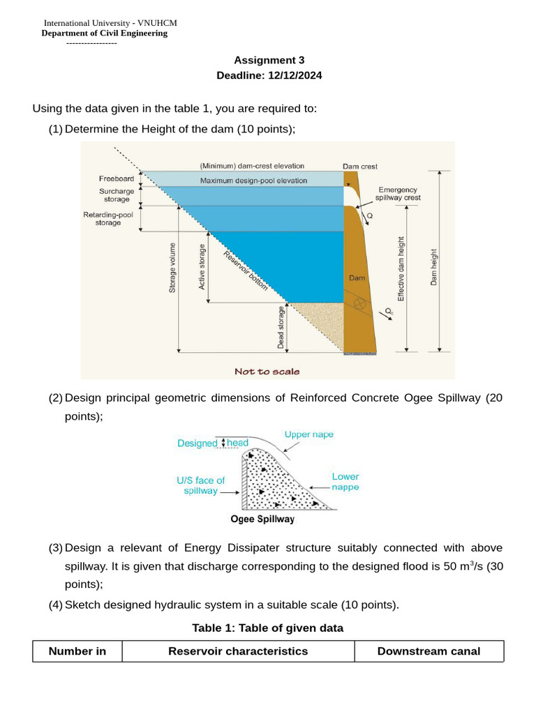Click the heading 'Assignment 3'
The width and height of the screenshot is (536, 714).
pos(269,60)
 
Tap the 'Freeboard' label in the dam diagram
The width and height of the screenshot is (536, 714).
pos(117,178)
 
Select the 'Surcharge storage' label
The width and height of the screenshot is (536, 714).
pos(117,195)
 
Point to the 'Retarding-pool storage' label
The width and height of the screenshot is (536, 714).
pos(108,219)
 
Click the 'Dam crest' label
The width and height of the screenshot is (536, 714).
pos(360,166)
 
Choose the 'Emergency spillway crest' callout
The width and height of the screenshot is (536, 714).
pos(399,193)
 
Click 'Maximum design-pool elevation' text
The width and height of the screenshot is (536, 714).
pos(253,181)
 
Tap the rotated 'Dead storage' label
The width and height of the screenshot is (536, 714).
pos(281,328)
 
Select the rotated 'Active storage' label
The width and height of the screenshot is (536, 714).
pos(202,267)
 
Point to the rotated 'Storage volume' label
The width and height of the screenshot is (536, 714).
pos(172,267)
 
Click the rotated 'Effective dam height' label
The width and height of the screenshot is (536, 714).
pos(401,268)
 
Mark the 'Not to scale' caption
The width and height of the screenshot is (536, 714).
pos(267,372)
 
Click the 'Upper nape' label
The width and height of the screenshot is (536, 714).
pos(308,434)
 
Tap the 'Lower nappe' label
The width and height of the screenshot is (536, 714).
pos(345,482)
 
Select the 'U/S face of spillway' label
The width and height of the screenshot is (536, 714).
pos(200,485)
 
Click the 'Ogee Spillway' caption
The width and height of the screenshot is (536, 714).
pos(262,519)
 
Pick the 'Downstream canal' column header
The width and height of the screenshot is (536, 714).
pos(429,651)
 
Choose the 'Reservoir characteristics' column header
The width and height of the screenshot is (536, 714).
pos(238,651)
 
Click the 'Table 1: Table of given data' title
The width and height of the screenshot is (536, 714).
pos(267,628)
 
